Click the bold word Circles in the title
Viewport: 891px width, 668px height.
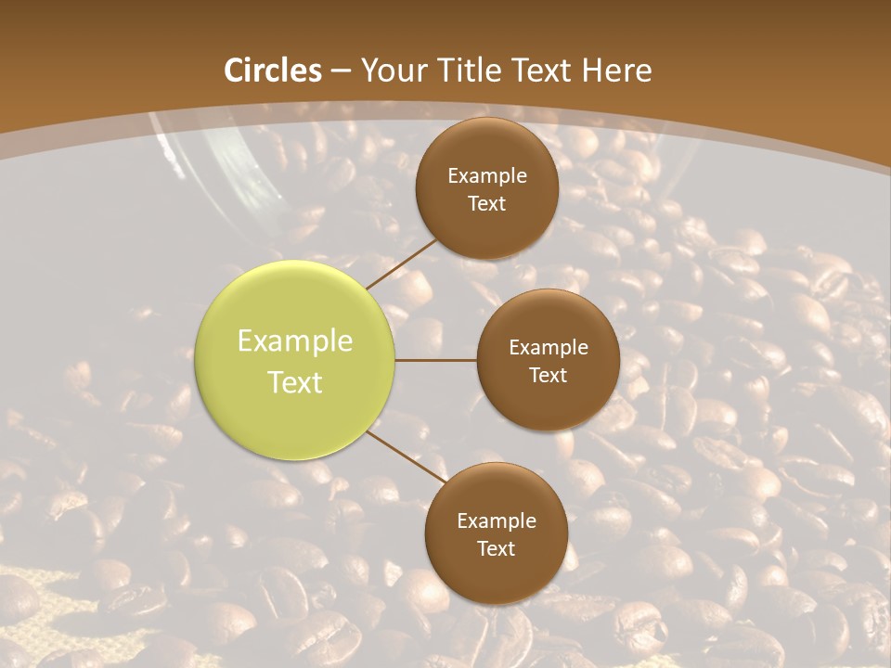(x=273, y=71)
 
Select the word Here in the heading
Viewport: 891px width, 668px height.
(x=616, y=71)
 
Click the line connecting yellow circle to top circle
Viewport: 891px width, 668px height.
(x=402, y=263)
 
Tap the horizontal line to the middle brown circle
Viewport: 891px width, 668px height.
(x=436, y=360)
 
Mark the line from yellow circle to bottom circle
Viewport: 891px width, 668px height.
(x=405, y=458)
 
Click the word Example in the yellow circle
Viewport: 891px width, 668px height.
(x=295, y=341)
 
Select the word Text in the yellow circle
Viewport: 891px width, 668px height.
(x=295, y=382)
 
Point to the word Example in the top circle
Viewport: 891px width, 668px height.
(x=487, y=176)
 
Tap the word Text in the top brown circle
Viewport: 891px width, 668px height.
(x=487, y=204)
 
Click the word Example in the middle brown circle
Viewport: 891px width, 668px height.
(x=549, y=348)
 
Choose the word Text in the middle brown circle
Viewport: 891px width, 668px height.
(x=549, y=376)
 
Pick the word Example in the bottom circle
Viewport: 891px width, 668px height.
(x=497, y=521)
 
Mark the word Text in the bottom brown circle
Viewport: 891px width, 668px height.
(x=497, y=549)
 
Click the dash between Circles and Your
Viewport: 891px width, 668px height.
(x=341, y=71)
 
